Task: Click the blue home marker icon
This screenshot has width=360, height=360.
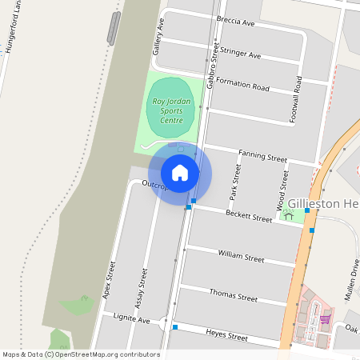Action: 180,172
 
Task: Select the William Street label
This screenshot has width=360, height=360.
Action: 241,256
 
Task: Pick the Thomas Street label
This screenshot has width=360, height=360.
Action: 234,296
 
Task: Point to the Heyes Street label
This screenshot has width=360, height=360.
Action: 226,336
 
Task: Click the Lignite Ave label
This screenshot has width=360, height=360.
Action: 131,319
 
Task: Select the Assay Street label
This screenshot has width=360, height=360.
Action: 142,288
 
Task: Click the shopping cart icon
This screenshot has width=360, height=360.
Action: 324,319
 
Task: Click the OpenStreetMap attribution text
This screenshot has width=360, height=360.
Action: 81,354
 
